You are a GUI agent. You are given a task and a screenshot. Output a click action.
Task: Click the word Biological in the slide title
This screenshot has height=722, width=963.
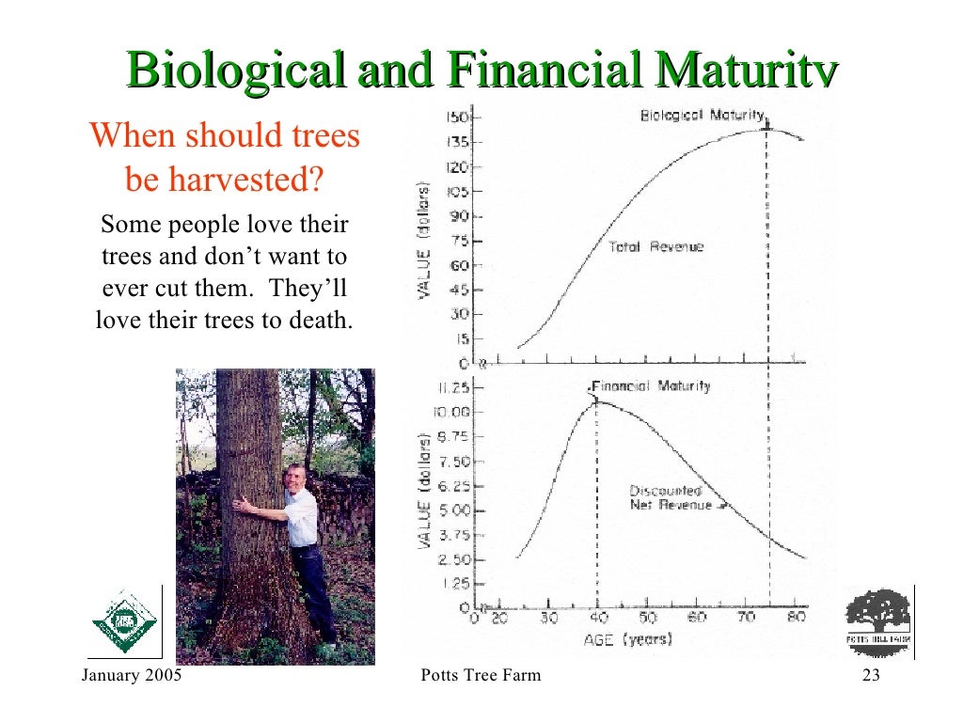coord(234,71)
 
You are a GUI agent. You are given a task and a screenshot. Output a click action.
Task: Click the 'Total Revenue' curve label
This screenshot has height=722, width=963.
coord(655,247)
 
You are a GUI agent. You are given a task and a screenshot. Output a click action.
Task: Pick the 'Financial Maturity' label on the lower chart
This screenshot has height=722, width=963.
coord(651,386)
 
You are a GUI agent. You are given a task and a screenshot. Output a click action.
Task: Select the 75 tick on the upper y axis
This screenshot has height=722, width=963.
coord(459,241)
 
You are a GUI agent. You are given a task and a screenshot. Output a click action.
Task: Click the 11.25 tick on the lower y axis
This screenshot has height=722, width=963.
coord(452,387)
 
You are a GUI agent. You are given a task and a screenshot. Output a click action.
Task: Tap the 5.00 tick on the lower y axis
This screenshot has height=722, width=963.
coord(452,510)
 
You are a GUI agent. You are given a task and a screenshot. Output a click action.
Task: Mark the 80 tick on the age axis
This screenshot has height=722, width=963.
coord(795,619)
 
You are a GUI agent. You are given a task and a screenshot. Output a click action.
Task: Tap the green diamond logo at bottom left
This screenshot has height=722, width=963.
coord(124,621)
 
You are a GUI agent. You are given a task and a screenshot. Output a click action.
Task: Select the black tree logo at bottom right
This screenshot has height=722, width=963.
coord(878,617)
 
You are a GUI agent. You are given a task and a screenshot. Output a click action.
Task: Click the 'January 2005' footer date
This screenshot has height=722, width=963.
coord(132,677)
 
